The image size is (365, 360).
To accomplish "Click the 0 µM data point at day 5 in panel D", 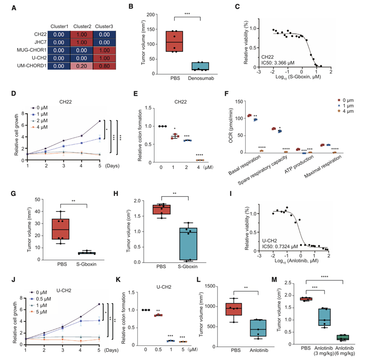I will (x=99, y=121).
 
